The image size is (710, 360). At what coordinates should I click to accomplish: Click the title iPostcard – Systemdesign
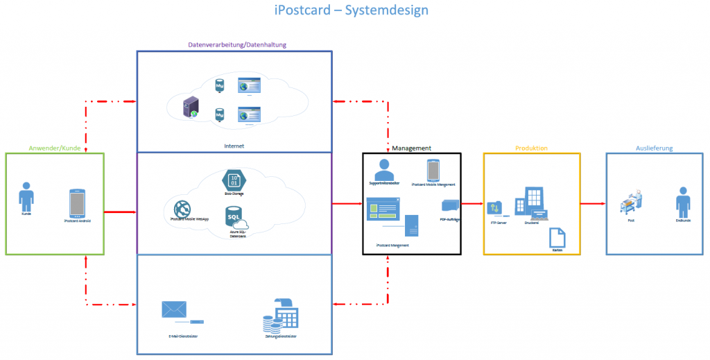(x=352, y=10)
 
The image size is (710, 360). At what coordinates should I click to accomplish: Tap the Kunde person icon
(x=26, y=196)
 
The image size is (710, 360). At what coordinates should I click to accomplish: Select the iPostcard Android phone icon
(x=77, y=203)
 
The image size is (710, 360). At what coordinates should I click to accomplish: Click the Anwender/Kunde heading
(x=55, y=148)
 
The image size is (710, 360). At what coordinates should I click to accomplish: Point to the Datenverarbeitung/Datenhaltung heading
(x=237, y=45)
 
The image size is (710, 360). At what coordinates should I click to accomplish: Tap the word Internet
(x=234, y=146)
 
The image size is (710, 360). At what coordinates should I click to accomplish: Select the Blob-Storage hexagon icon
(x=233, y=180)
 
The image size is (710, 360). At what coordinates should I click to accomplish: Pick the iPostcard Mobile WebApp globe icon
(x=182, y=207)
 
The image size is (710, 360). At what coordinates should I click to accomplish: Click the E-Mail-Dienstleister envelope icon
(x=173, y=309)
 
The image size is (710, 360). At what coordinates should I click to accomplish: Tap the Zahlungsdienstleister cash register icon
(x=279, y=316)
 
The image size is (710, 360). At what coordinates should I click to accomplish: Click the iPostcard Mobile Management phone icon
(x=433, y=170)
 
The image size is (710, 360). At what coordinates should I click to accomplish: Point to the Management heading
(x=411, y=148)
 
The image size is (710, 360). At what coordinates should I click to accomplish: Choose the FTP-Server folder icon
(x=495, y=208)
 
